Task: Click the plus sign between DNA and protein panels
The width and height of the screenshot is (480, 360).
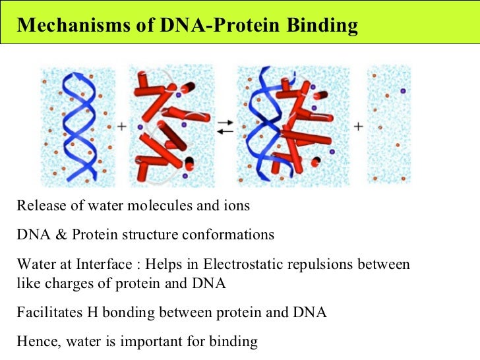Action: click(x=122, y=125)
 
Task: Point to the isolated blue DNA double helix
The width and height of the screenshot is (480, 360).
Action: click(x=78, y=125)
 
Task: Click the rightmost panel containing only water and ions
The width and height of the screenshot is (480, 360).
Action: click(x=388, y=125)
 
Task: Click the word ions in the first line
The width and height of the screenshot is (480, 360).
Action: click(x=235, y=206)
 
